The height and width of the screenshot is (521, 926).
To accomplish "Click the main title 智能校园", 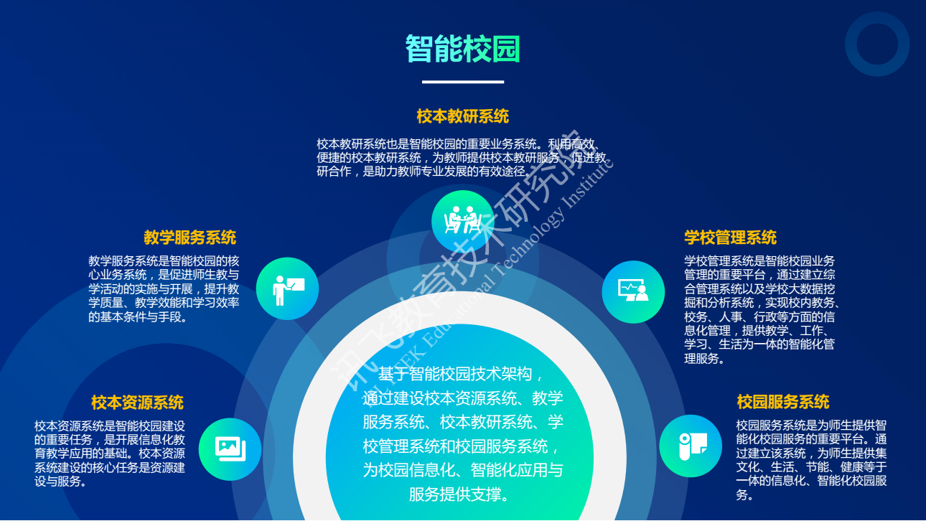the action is coord(462,49).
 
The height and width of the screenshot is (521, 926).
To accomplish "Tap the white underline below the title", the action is coord(462,82).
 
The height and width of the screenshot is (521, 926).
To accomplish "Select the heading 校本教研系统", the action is coord(462,116).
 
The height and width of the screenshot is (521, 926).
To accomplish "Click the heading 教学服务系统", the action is coord(190,238).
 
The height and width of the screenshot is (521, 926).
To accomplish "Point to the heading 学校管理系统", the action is coord(731,238).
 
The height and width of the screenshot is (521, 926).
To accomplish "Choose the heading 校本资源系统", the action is coord(137,403).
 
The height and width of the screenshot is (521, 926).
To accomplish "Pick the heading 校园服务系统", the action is coord(783,402).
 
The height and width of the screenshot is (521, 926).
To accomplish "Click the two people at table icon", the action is coord(462,220).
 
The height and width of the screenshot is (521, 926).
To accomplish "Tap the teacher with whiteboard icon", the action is coord(288,291).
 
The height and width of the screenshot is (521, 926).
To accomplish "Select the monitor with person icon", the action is coord(633,290).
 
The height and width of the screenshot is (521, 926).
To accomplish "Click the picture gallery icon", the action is coord(230,449).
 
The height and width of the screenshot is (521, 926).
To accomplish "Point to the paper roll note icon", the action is coord(693,446).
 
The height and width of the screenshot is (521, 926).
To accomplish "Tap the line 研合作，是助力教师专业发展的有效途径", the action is coord(424,171).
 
